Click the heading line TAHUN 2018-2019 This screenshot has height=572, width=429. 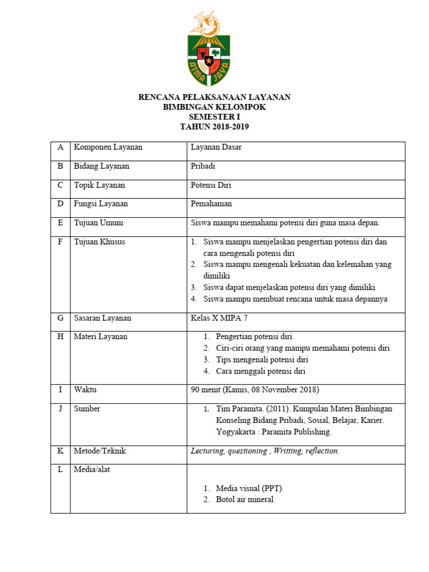[x=214, y=127]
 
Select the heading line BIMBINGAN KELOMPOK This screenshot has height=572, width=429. [x=214, y=107]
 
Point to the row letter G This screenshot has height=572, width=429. [x=60, y=318]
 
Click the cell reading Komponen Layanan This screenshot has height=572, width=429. [x=108, y=147]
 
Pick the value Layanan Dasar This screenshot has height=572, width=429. [x=216, y=147]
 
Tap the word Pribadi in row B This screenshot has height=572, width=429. [x=203, y=166]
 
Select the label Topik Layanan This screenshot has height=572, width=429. [x=99, y=185]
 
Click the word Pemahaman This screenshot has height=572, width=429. [x=211, y=204]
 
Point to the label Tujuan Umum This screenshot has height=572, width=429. [x=98, y=223]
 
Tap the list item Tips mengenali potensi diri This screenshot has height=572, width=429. [x=262, y=360]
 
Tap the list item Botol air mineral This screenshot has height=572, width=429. [x=245, y=500]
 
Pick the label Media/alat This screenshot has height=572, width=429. [x=92, y=470]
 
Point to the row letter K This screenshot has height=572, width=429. [x=60, y=451]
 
